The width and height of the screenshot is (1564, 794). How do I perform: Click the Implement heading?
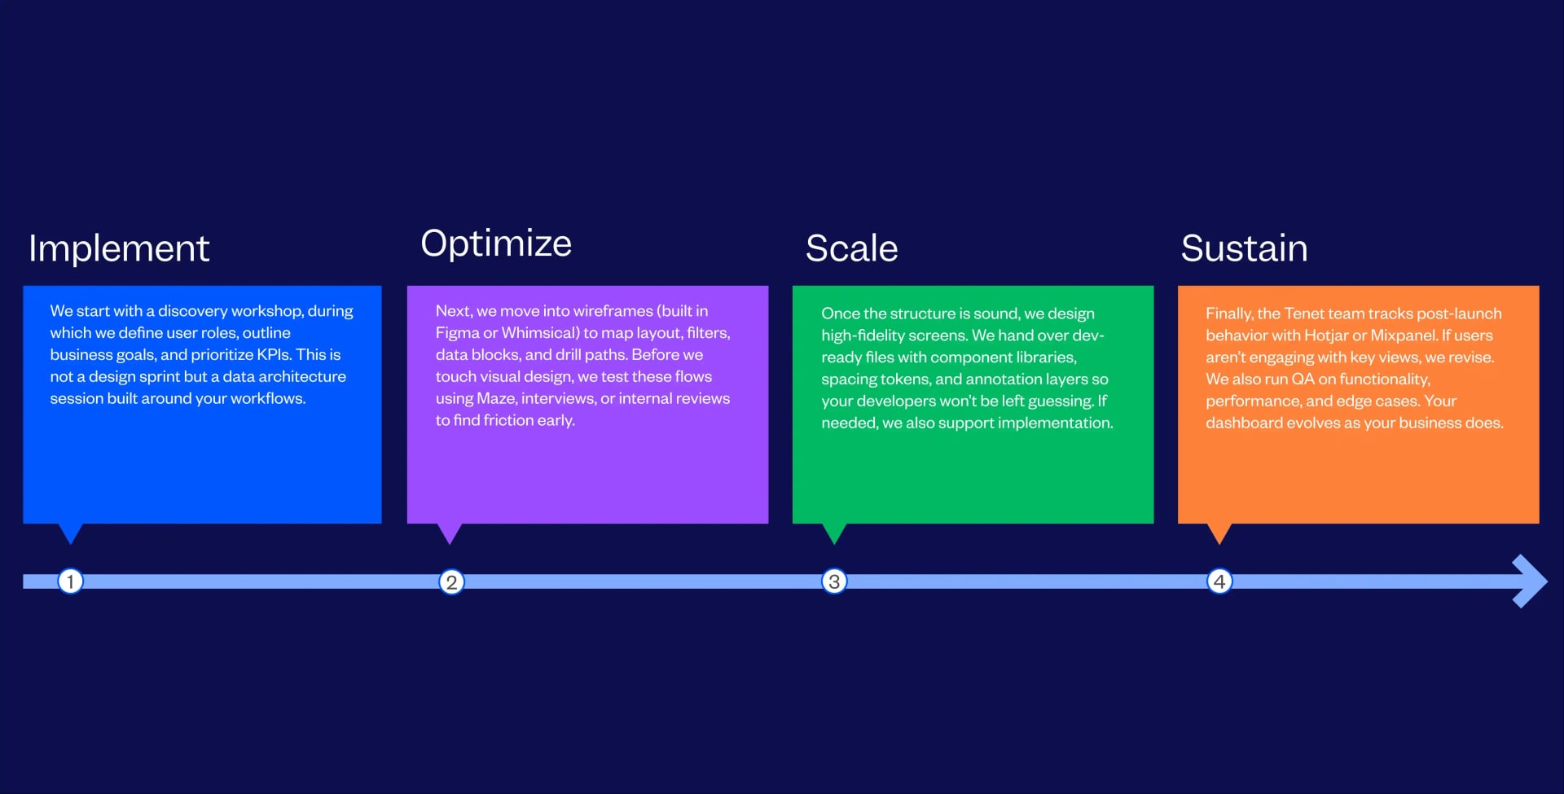click(x=119, y=248)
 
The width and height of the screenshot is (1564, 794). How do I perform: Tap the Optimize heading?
click(x=496, y=243)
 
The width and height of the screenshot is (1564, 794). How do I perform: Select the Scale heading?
click(x=851, y=248)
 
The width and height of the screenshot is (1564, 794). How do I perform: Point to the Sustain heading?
click(x=1244, y=248)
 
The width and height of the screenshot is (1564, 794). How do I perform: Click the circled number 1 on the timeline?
click(x=71, y=581)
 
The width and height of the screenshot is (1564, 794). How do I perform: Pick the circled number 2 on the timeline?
click(x=451, y=582)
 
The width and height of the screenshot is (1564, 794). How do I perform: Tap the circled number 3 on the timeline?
click(x=834, y=581)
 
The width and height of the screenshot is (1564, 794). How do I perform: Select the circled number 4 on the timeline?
click(x=1219, y=581)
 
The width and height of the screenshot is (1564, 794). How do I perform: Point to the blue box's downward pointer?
click(x=71, y=533)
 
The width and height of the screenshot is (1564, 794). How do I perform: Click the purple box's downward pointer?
click(x=450, y=533)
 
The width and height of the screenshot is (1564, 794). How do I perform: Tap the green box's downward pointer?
click(x=834, y=533)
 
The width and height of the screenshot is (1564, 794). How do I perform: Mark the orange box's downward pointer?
click(x=1219, y=533)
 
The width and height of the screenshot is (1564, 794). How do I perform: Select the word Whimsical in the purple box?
click(x=537, y=333)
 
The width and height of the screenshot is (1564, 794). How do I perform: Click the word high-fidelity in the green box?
click(x=864, y=336)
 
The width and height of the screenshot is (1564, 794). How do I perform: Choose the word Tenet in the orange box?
click(x=1304, y=314)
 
